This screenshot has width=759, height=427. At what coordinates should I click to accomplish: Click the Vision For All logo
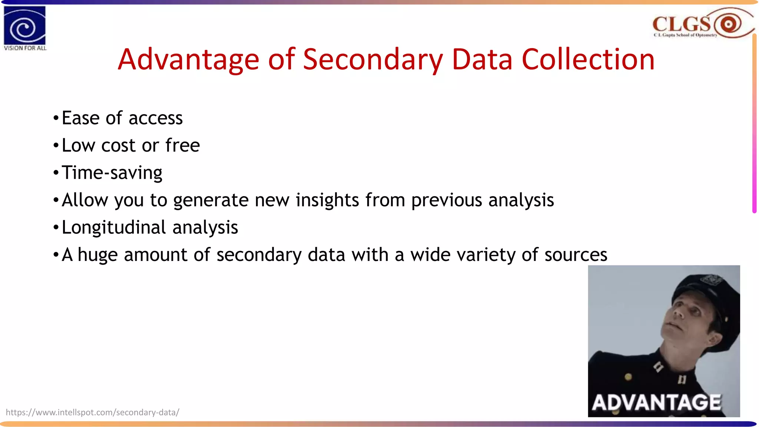(x=25, y=28)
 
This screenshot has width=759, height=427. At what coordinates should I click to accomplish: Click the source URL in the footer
(x=93, y=412)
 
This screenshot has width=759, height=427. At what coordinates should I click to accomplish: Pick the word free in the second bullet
(x=182, y=145)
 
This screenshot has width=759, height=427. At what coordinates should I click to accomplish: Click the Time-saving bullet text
(x=112, y=173)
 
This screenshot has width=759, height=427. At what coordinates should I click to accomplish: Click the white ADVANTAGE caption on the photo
(x=656, y=403)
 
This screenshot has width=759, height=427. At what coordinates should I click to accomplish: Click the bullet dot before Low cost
(x=56, y=145)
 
